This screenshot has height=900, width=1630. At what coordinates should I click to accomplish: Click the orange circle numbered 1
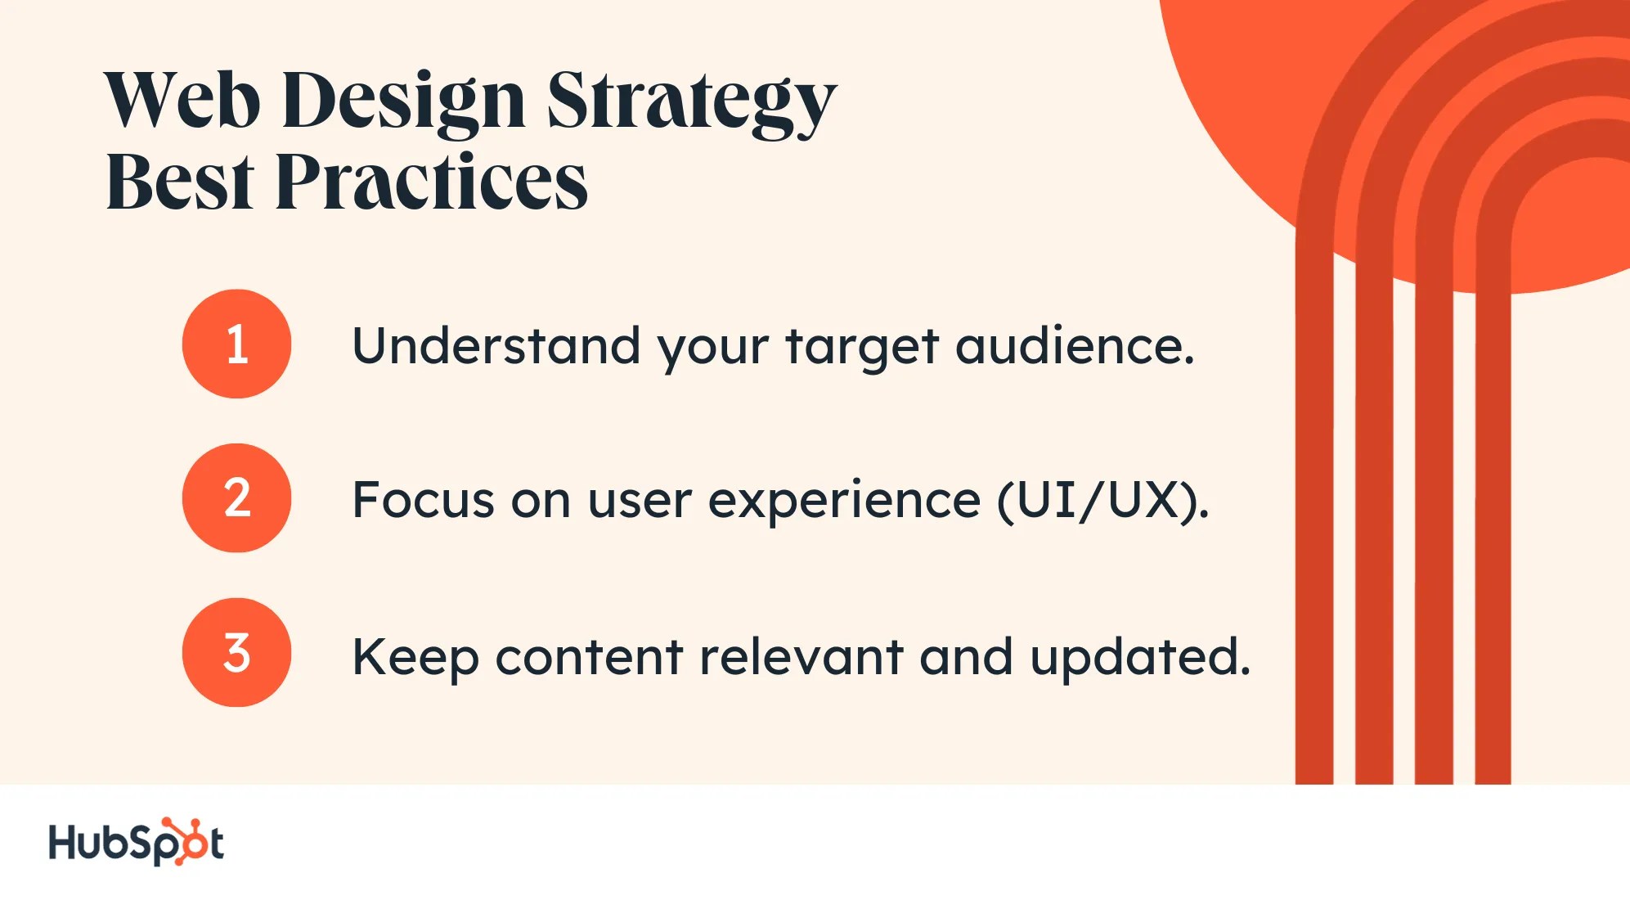coord(236,344)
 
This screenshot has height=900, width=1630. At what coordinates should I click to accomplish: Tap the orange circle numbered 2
coord(236,497)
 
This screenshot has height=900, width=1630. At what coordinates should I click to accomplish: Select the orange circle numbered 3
coord(236,652)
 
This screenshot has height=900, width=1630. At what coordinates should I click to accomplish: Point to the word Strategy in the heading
coord(691,102)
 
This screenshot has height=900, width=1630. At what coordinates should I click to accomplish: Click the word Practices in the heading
coord(431,182)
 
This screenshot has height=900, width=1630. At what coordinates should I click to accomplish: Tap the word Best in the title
coord(180,182)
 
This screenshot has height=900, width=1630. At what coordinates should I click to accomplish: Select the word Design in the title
coord(403,102)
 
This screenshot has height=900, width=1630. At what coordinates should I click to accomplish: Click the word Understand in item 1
coord(496,345)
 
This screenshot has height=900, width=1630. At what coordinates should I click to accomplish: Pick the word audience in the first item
coord(1074,345)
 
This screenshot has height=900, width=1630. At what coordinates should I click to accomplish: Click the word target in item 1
coord(861,347)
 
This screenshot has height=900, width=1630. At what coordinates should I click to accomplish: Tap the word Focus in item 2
coord(423,500)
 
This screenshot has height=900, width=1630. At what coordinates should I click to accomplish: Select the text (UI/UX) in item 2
coord(1101,500)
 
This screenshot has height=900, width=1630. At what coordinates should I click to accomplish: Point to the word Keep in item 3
coord(415,657)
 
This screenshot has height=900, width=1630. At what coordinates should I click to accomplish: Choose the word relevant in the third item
coord(801,656)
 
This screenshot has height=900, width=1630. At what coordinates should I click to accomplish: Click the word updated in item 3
coord(1139,657)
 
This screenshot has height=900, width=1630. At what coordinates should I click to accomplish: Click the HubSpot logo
coord(136,843)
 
